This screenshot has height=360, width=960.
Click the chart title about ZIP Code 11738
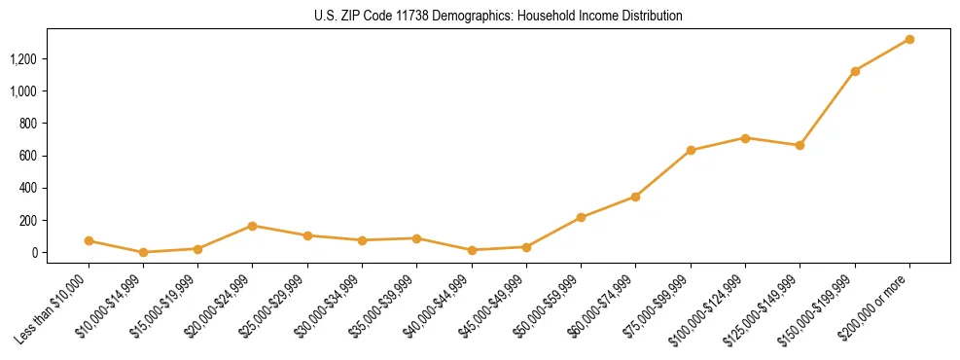[498, 17]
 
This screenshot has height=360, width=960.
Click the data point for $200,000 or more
[909, 39]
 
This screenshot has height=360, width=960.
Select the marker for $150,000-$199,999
[855, 71]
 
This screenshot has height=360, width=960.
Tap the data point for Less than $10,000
[89, 240]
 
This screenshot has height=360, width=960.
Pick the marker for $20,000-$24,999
[253, 226]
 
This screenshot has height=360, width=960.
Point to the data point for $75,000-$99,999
[691, 151]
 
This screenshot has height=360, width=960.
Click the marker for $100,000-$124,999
[745, 138]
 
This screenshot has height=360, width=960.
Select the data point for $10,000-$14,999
[143, 252]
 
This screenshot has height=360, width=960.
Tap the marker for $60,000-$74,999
[636, 197]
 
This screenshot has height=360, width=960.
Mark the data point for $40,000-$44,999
[472, 250]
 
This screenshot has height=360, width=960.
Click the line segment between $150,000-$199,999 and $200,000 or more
[882, 55]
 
